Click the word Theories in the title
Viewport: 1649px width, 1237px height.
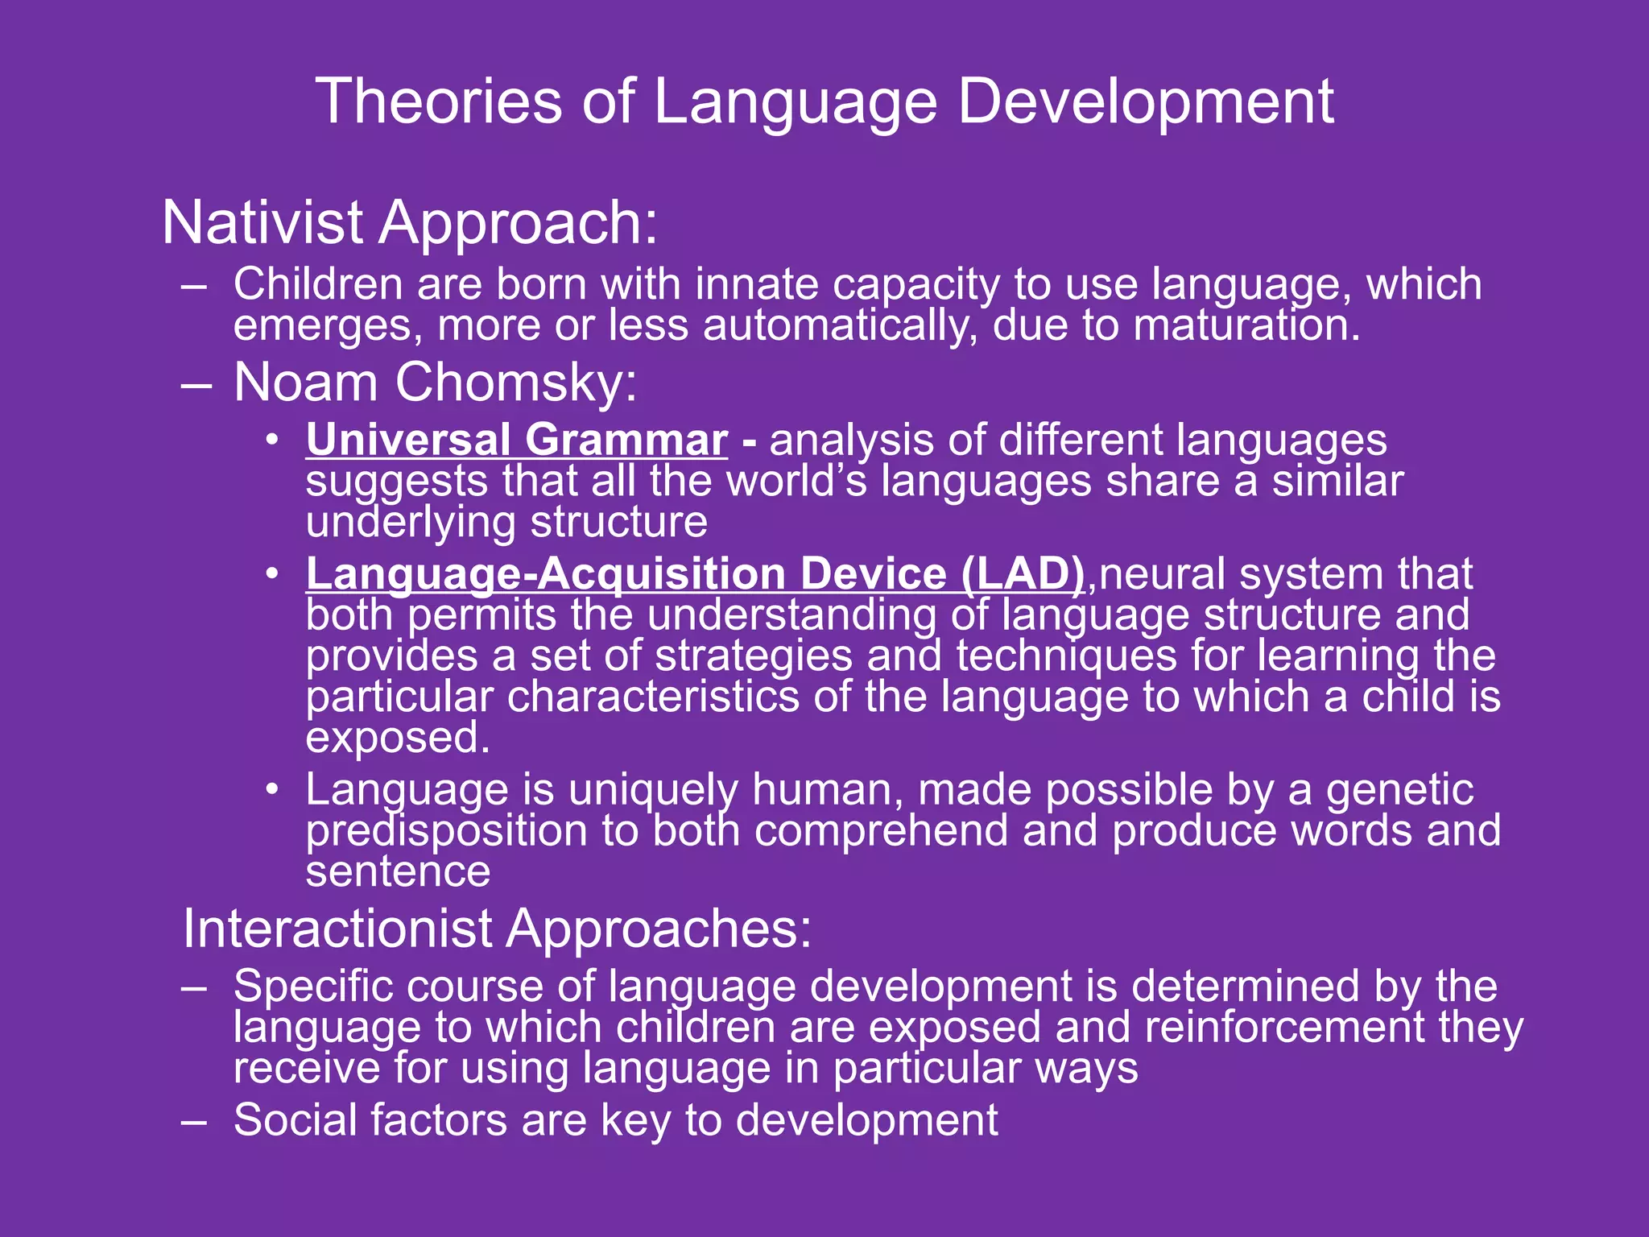point(438,101)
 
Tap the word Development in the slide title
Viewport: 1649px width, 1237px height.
point(1145,101)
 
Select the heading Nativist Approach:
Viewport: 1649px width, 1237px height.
point(410,223)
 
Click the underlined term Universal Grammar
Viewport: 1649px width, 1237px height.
point(516,441)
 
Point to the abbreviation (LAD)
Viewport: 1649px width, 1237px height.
point(1023,573)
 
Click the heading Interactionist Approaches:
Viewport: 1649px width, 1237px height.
point(497,929)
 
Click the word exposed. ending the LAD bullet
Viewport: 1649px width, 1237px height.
point(398,738)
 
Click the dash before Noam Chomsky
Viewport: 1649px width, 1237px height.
point(196,384)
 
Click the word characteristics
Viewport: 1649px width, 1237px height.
point(652,697)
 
